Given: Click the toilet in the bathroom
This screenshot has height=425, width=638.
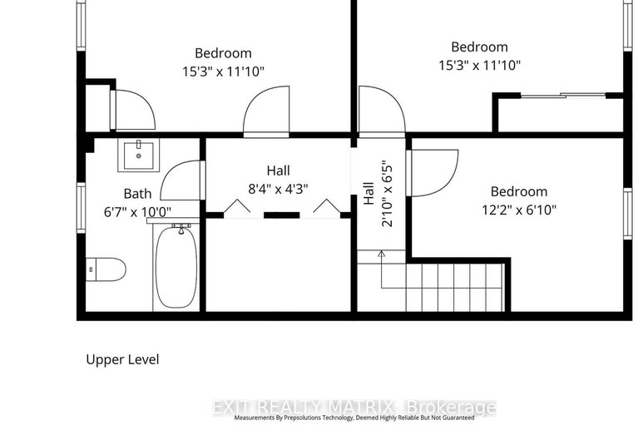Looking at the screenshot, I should tap(106, 269).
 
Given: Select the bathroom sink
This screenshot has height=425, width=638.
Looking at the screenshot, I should tap(135, 155).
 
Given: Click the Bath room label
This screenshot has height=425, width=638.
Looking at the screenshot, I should tap(137, 194).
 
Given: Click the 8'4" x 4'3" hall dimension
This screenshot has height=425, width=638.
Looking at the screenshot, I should tap(278, 188).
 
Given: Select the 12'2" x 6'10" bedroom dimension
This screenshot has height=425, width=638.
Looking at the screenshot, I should tap(518, 210).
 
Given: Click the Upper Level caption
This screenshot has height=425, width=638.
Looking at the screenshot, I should tap(122, 360).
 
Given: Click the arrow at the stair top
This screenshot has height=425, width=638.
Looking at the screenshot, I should tap(381, 255).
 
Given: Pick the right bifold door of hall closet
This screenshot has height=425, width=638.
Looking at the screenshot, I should tap(327, 208).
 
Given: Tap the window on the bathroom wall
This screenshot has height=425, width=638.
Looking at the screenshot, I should tap(81, 209).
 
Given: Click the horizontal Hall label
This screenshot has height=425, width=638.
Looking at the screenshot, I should tap(278, 170).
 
